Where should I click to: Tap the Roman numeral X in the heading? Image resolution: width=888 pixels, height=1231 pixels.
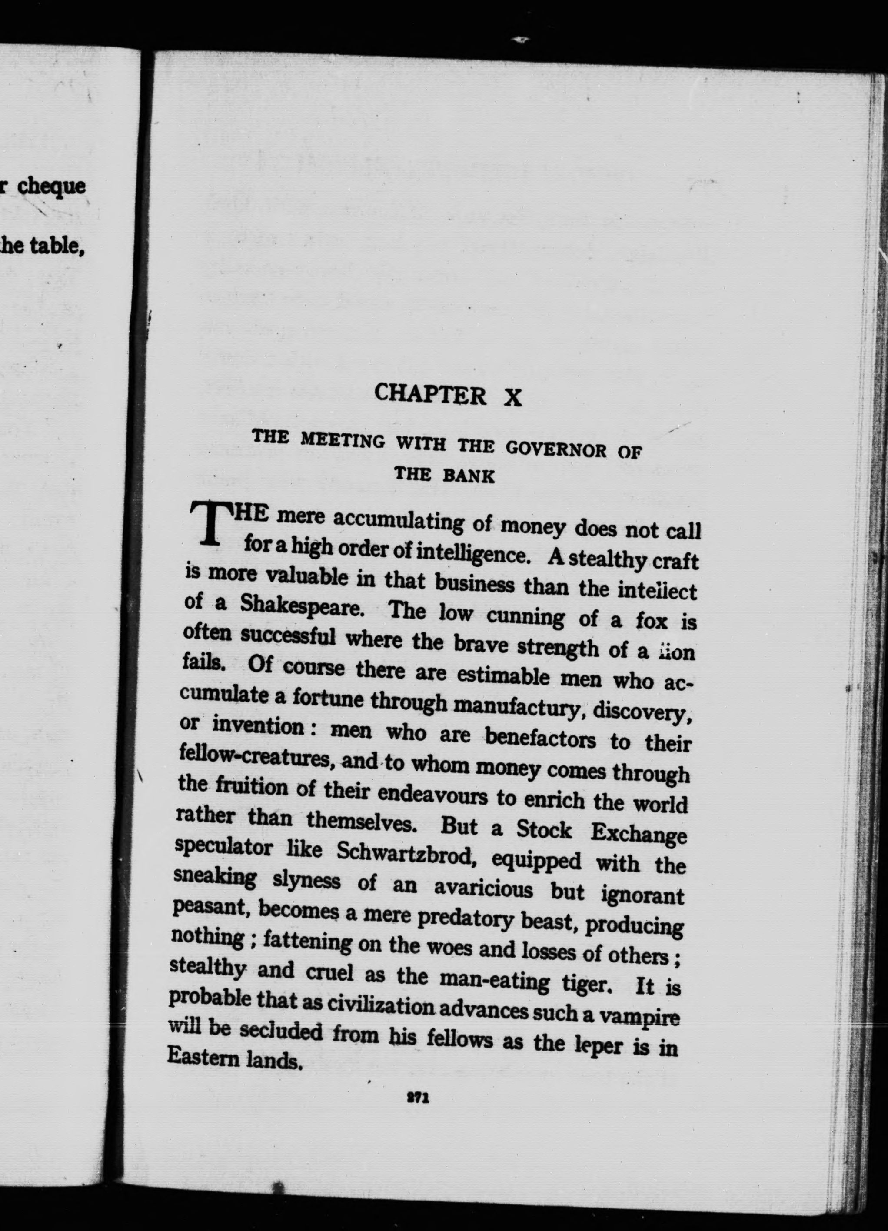click(x=512, y=398)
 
